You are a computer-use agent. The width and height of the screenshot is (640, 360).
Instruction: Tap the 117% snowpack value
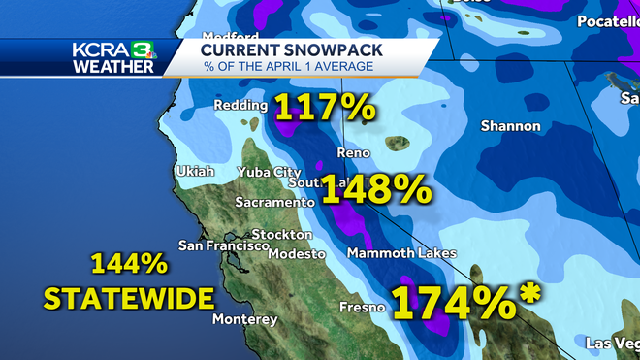point(326,108)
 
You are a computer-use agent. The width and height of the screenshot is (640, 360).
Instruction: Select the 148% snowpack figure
point(376,188)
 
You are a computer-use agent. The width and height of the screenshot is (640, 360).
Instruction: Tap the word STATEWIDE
point(128,296)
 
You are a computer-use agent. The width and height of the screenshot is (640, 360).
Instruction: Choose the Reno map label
point(354,153)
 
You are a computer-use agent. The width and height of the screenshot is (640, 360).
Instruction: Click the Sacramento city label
point(275,203)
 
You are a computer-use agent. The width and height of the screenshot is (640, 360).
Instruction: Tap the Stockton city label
point(281,234)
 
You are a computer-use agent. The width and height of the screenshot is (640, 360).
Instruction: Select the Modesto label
point(297,253)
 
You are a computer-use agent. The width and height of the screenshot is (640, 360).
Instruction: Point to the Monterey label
point(243,319)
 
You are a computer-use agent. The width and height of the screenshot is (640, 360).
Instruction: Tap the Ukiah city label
point(195,172)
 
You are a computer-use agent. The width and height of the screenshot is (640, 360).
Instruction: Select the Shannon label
point(511,126)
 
